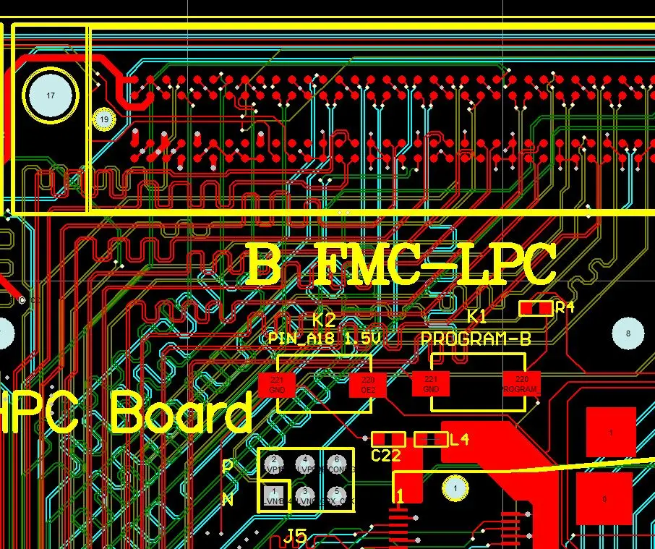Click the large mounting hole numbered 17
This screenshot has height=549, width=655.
[x=51, y=95]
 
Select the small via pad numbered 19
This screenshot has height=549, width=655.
[x=104, y=119]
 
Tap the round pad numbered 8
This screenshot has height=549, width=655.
[x=628, y=333]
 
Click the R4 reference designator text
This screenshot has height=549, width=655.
[x=565, y=307]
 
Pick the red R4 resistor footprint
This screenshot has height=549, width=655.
[x=536, y=308]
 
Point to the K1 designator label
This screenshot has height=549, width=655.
[x=477, y=317]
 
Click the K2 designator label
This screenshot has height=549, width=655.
[x=324, y=320]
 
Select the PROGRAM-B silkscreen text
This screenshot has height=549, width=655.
[x=476, y=339]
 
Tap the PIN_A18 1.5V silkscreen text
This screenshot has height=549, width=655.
[x=324, y=339]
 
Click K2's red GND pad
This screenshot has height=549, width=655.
[x=277, y=384]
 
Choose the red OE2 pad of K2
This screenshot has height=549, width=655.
[x=368, y=384]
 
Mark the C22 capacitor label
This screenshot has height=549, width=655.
[x=386, y=456]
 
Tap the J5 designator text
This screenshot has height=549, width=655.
[x=295, y=537]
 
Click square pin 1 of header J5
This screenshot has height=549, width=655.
[x=274, y=495]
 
